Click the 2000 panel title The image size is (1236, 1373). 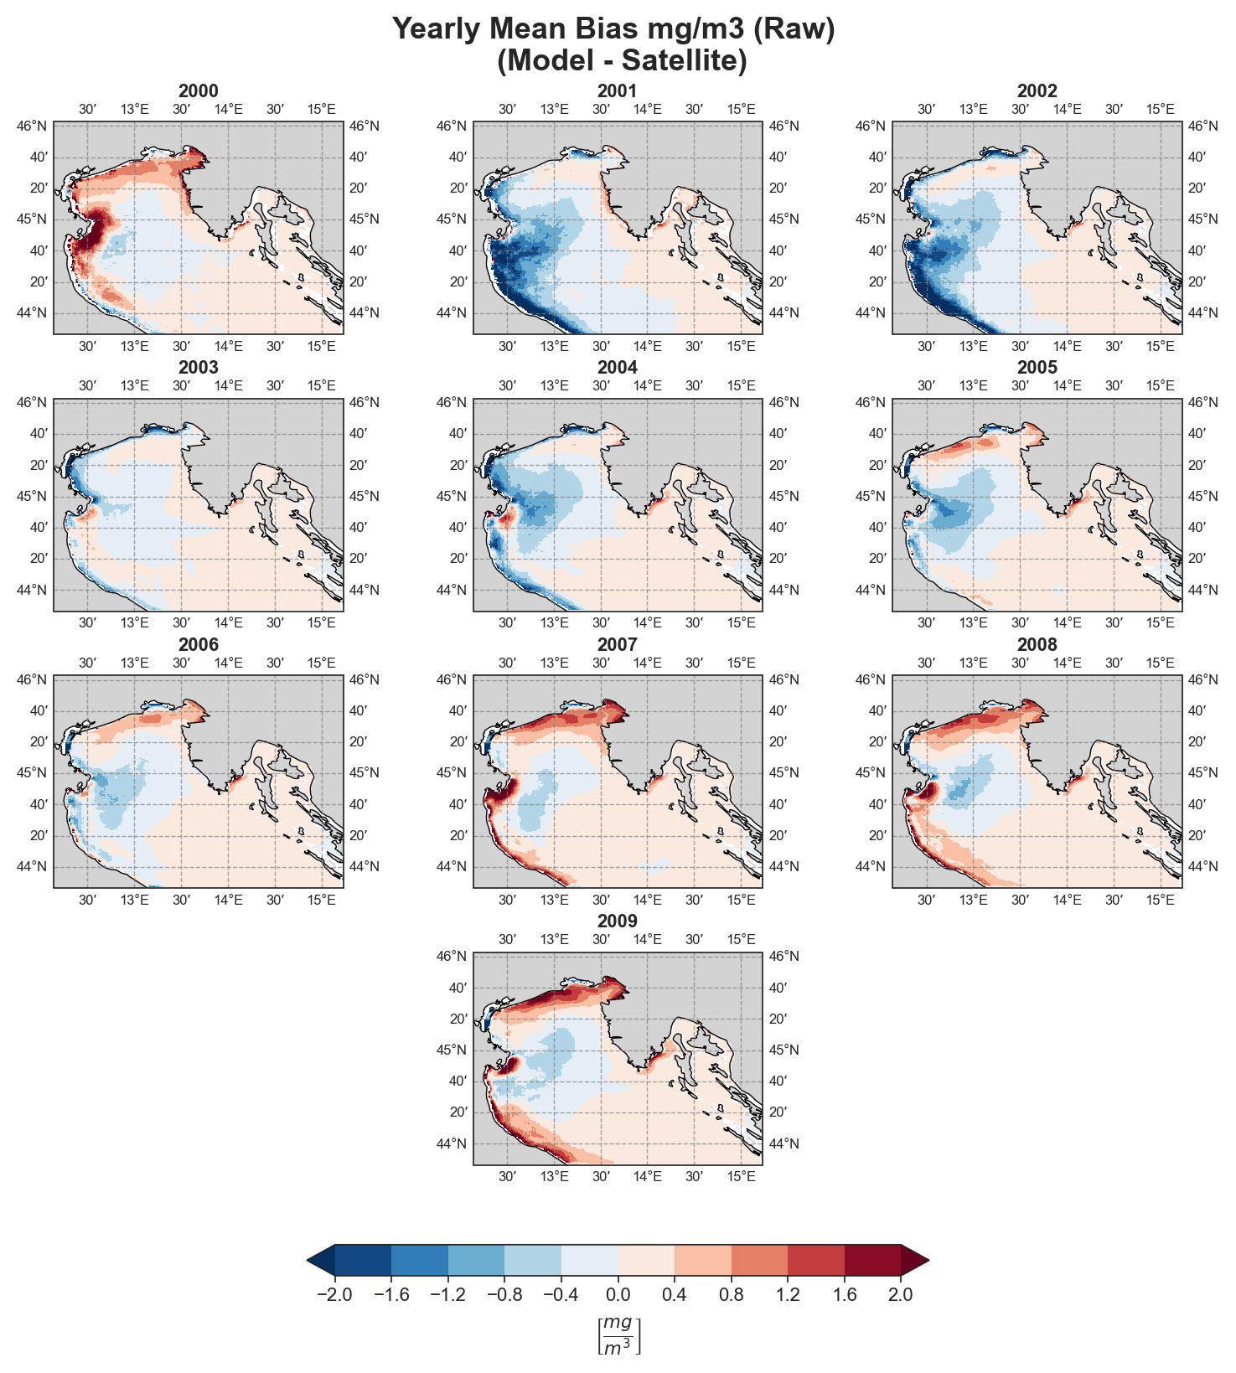click(x=199, y=91)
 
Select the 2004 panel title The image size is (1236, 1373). click(x=618, y=368)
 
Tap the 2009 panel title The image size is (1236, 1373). click(x=618, y=921)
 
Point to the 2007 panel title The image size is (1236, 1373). click(x=618, y=645)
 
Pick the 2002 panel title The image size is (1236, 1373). click(x=1037, y=91)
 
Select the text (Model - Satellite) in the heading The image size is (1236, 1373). click(x=622, y=60)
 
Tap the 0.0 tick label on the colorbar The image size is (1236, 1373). click(x=618, y=1295)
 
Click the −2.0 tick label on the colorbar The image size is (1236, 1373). click(x=334, y=1295)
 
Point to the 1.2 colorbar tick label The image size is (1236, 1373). click(x=789, y=1295)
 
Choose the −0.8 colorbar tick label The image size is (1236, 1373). click(x=504, y=1295)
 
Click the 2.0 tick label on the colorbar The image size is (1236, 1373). click(x=902, y=1295)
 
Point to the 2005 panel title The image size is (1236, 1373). click(x=1037, y=368)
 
